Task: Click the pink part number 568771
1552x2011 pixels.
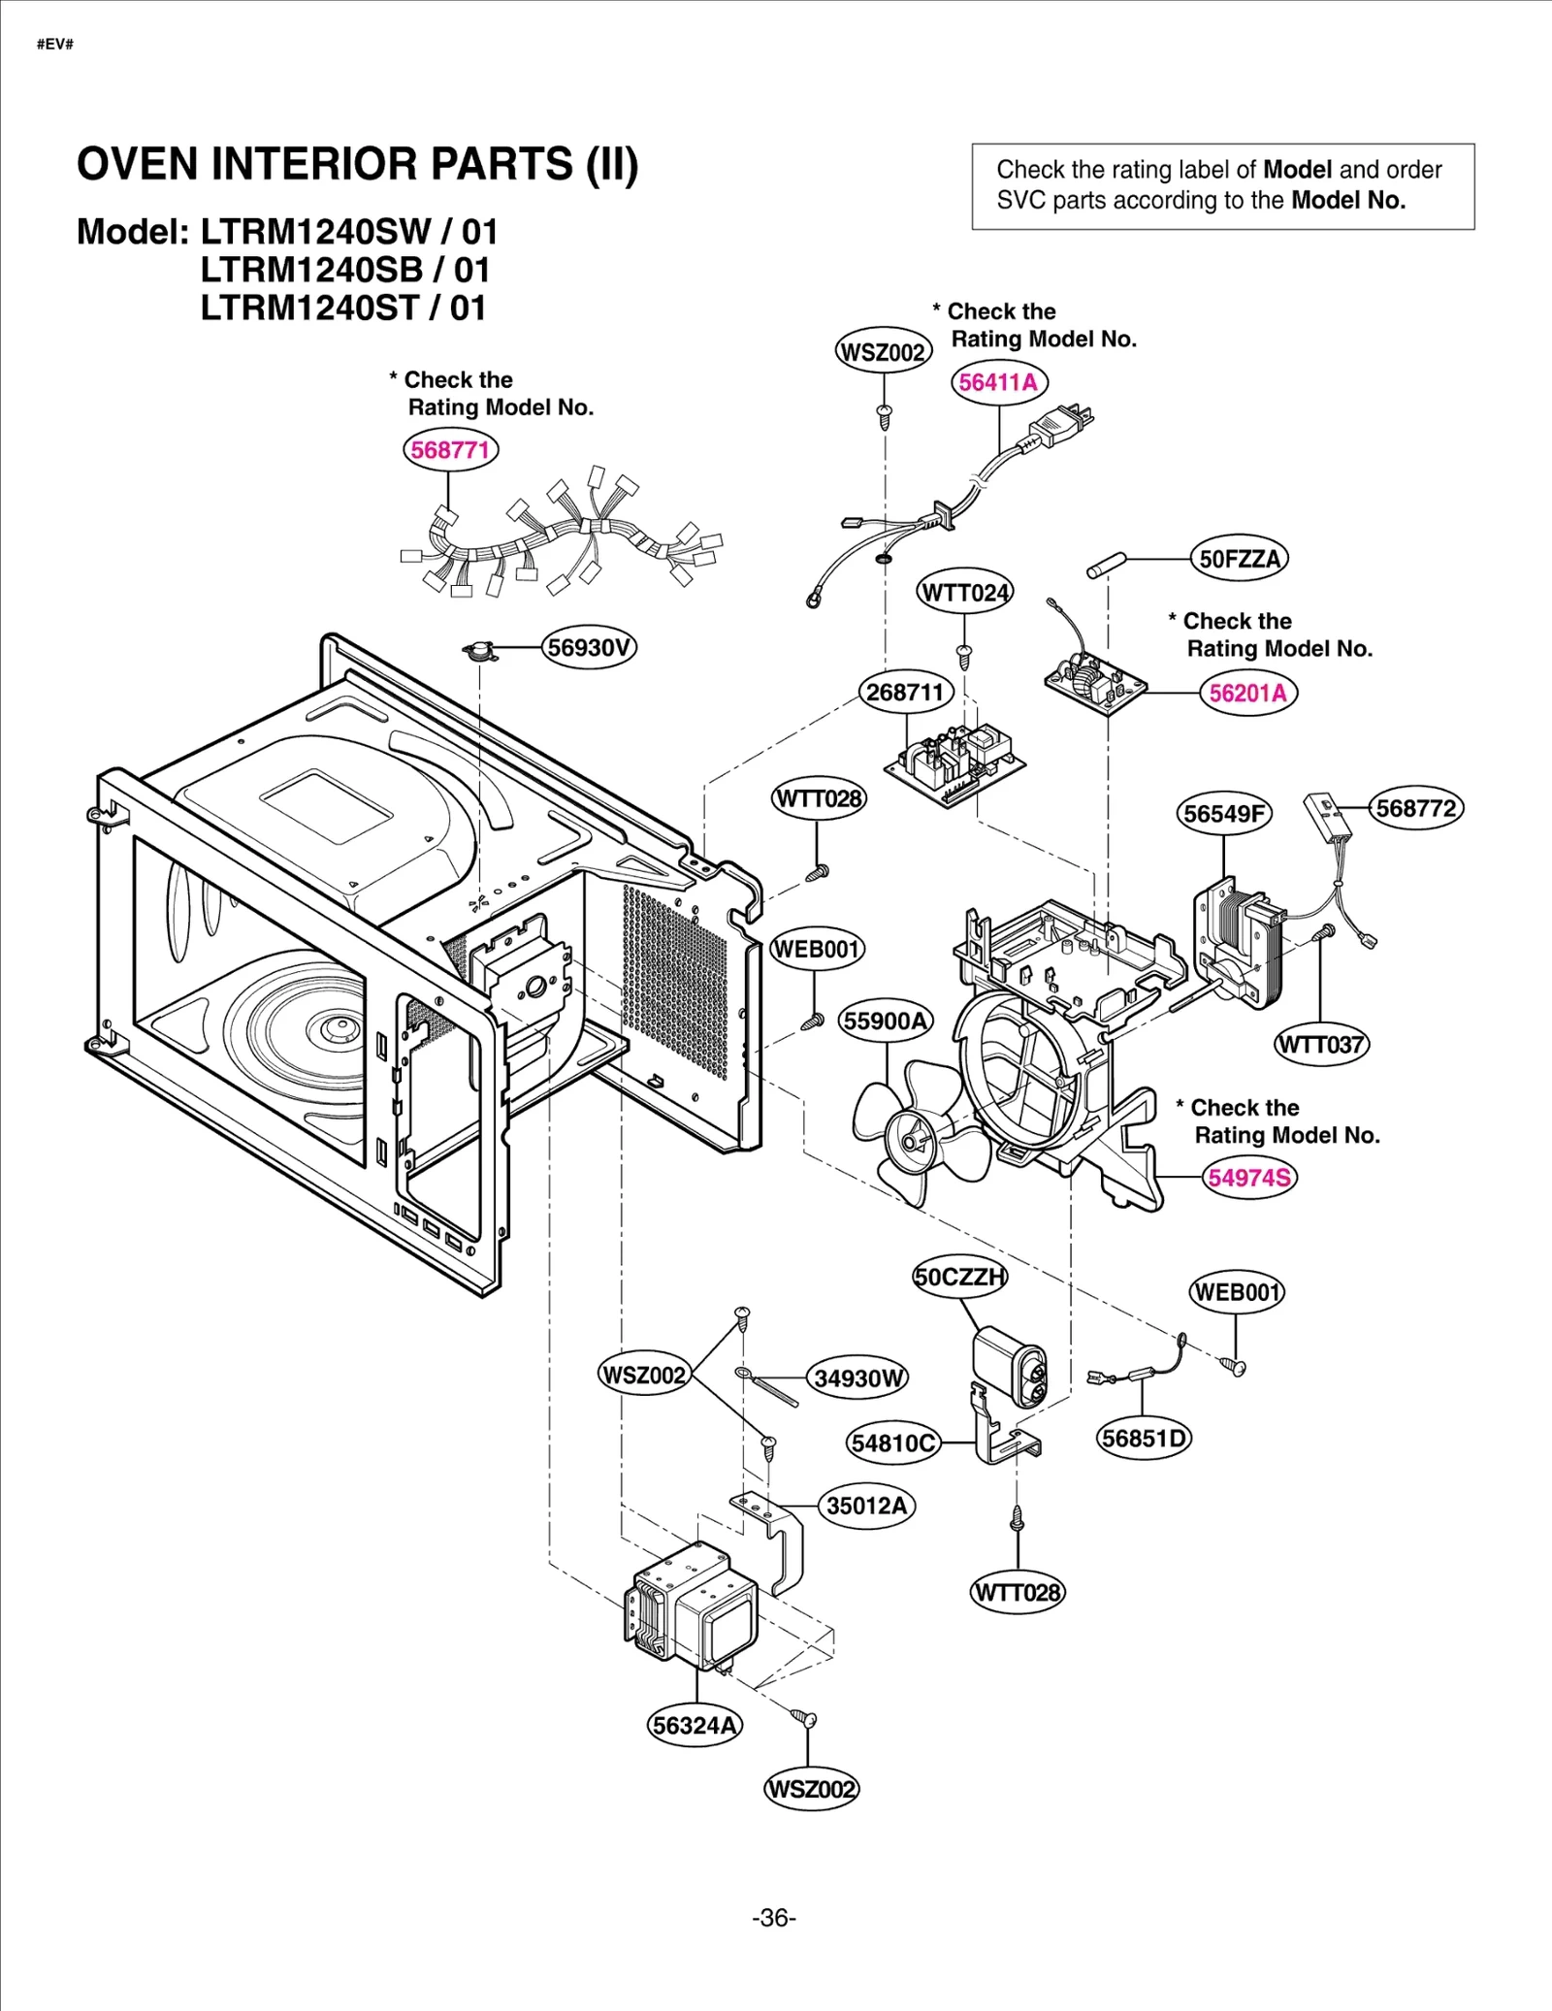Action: pyautogui.click(x=450, y=450)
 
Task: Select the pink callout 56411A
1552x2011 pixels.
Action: pyautogui.click(x=998, y=382)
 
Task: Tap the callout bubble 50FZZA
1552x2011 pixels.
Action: pyautogui.click(x=1240, y=559)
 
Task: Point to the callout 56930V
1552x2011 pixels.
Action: pyautogui.click(x=588, y=647)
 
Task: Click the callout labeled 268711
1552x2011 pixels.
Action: pyautogui.click(x=905, y=693)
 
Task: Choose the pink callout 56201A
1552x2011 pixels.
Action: pyautogui.click(x=1247, y=694)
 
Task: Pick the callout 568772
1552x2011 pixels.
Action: pyautogui.click(x=1415, y=808)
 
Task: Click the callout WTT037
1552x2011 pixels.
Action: pyautogui.click(x=1320, y=1045)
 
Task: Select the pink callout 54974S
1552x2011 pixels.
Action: pyautogui.click(x=1248, y=1178)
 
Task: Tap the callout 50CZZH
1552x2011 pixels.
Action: pyautogui.click(x=959, y=1277)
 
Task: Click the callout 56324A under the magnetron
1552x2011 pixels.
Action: pyautogui.click(x=695, y=1726)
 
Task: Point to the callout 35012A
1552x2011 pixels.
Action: pyautogui.click(x=866, y=1506)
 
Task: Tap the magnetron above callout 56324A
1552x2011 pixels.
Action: pyautogui.click(x=694, y=1606)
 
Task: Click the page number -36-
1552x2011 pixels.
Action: pyautogui.click(x=773, y=1918)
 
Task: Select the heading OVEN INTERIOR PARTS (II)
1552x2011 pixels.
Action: pyautogui.click(x=357, y=164)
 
